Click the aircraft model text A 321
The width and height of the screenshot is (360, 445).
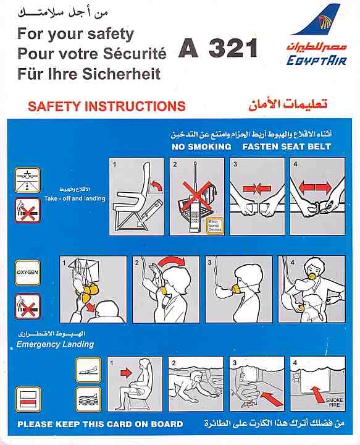[x=217, y=49]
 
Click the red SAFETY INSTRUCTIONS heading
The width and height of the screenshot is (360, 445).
[x=106, y=106]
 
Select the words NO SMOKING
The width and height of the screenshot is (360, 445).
[x=201, y=146]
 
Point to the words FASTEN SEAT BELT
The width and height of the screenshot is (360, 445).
[x=287, y=146]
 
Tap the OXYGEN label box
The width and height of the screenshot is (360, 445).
[x=27, y=270]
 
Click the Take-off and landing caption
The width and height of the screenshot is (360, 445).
[x=75, y=198]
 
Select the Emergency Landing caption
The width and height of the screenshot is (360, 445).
[x=55, y=344]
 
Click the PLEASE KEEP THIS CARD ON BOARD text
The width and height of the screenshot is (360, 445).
[x=100, y=424]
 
